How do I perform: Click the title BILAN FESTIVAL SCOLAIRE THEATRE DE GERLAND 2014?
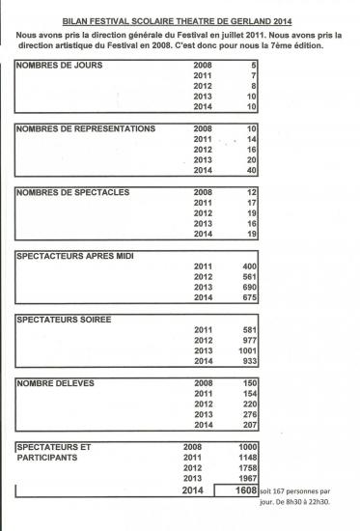coord(180,18)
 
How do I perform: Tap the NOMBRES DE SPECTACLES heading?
coord(73,192)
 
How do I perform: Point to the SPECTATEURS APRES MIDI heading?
coord(75,256)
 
